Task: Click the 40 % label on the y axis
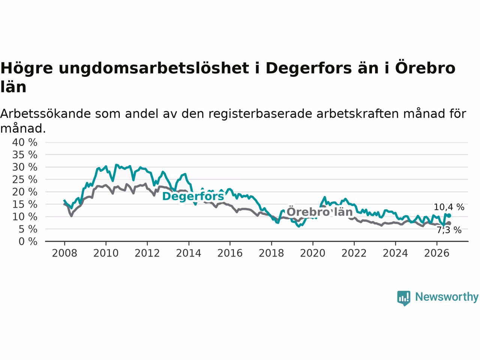25,142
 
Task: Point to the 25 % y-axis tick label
25,180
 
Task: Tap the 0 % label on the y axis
28,242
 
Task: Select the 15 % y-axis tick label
25,205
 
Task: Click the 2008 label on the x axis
64,253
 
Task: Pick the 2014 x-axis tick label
189,253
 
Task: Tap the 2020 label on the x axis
313,253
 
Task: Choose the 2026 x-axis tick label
437,253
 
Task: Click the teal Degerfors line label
193,196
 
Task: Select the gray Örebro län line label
319,211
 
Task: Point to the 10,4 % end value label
449,207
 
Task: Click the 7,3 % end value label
449,230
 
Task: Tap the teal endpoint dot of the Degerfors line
449,216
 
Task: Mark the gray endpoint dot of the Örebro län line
449,223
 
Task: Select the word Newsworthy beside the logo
447,297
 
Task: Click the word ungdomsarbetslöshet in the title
154,68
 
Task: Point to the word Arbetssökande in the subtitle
45,114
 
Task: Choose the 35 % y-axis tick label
25,155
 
